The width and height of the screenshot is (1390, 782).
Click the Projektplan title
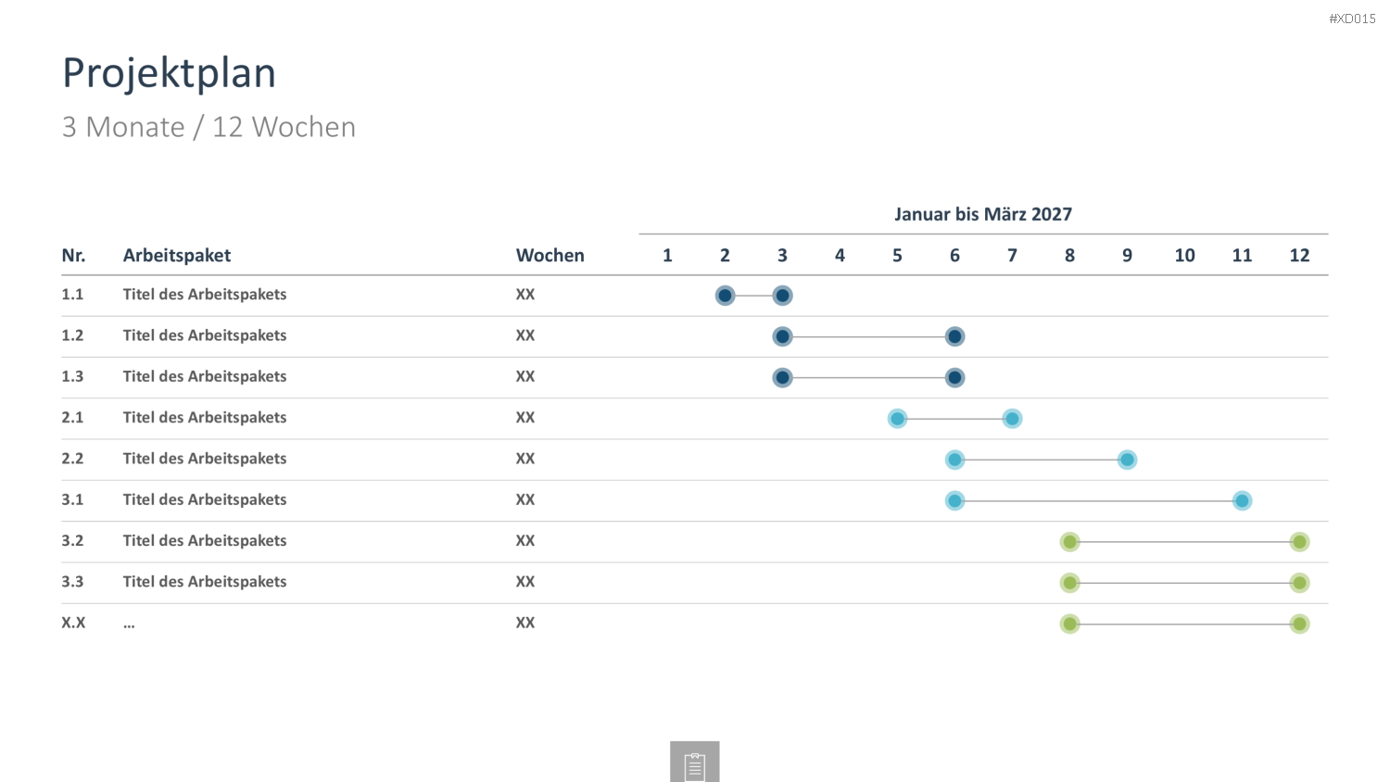click(x=169, y=73)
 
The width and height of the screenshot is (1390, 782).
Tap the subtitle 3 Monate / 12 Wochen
click(x=208, y=127)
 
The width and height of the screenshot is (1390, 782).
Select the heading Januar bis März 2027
click(x=983, y=214)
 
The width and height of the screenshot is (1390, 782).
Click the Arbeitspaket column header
click(x=176, y=255)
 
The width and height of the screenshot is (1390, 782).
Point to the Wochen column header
click(x=550, y=255)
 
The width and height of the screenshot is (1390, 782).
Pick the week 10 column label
click(x=1184, y=255)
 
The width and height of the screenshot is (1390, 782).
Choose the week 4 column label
click(x=840, y=255)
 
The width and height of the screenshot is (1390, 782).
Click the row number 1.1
click(x=72, y=295)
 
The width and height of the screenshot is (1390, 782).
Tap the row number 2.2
click(x=72, y=459)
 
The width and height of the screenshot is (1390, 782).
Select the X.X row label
click(x=73, y=623)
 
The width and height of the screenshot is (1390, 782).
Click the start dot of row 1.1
click(x=725, y=296)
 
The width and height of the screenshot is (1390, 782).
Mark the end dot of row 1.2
click(x=954, y=336)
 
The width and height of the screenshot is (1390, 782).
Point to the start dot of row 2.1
click(x=897, y=419)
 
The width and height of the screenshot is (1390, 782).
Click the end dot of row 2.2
click(x=1127, y=460)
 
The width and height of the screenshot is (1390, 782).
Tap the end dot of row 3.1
click(x=1242, y=501)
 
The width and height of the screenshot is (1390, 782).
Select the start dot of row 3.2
click(x=1069, y=542)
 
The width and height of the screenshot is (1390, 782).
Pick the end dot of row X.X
click(x=1299, y=624)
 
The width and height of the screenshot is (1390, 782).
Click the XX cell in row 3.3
click(x=525, y=582)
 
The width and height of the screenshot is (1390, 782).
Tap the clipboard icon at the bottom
click(x=694, y=763)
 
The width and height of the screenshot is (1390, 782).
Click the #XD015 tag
click(x=1352, y=19)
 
